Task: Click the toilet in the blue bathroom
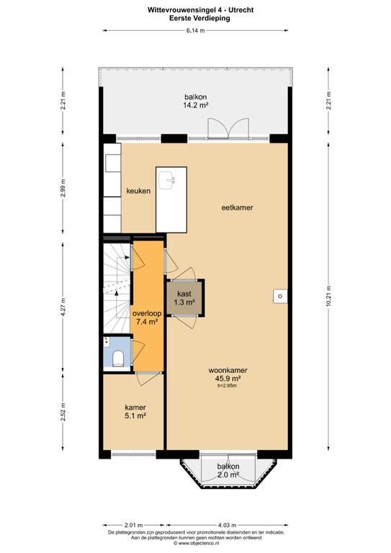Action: [118, 359]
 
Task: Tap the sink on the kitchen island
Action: [167, 180]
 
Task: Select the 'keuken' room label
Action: [138, 191]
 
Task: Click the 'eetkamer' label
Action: [238, 207]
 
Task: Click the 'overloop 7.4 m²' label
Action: [147, 318]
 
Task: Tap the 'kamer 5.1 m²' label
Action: [135, 412]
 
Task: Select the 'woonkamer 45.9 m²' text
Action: [228, 374]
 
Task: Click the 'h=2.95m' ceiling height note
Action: [227, 385]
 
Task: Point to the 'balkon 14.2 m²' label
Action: [195, 101]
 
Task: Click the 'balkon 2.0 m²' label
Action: [228, 470]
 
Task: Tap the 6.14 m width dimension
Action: [195, 31]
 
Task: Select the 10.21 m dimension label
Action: [328, 296]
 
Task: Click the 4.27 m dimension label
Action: [63, 307]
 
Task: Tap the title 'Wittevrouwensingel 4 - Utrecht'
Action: [200, 10]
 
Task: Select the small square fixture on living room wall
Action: [280, 296]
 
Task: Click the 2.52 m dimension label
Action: [63, 412]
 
